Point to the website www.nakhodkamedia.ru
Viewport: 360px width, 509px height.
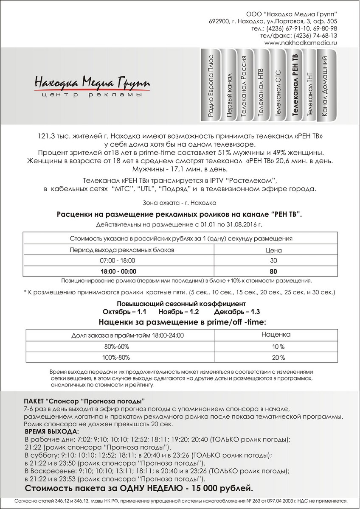coord(301,43)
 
